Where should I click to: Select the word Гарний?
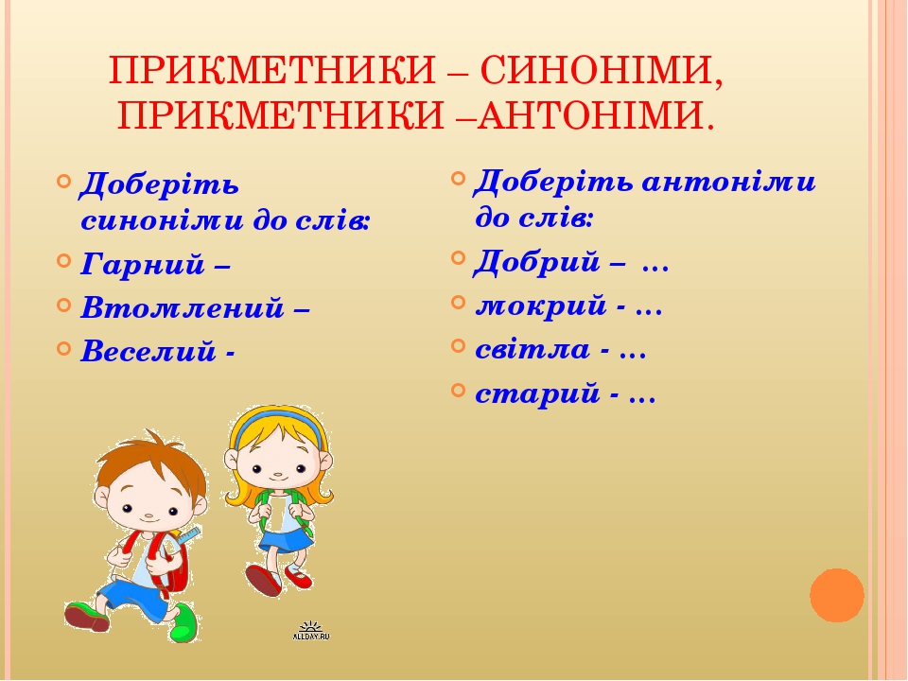[x=143, y=265]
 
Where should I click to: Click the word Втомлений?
[x=183, y=306]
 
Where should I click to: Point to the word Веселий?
[x=148, y=352]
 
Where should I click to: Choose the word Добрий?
[x=537, y=262]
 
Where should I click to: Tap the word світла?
[x=533, y=349]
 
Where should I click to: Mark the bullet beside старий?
[x=458, y=390]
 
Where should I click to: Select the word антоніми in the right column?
[x=728, y=182]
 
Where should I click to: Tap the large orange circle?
[x=837, y=595]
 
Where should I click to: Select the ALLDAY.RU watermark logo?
[x=311, y=631]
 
